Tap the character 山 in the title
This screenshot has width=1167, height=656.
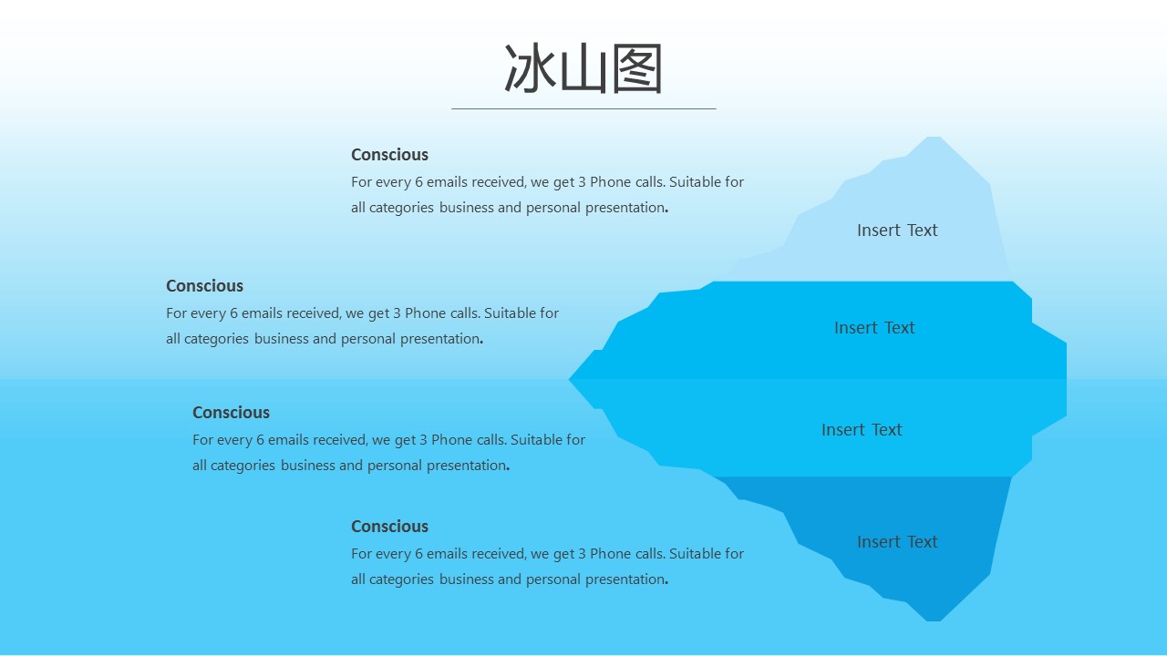(x=583, y=68)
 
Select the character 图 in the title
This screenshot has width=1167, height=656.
(x=636, y=68)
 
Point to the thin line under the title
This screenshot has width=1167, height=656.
(x=583, y=108)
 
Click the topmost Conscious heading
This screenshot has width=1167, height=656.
(x=389, y=155)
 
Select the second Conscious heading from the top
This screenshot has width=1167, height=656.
(x=205, y=286)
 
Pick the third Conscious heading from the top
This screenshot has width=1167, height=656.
(x=232, y=413)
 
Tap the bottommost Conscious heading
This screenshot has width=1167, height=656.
(x=389, y=527)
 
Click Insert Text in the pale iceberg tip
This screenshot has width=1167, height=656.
(x=897, y=231)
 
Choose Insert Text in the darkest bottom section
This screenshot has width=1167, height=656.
(x=897, y=542)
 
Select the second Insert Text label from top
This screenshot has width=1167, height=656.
(x=874, y=327)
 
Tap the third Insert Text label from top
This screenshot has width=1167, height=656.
(x=862, y=429)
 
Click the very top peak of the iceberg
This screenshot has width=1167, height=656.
(x=934, y=138)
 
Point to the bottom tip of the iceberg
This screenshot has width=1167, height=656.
(x=934, y=620)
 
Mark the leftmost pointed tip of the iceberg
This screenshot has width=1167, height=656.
(x=570, y=379)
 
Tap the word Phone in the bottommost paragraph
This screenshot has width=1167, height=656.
(x=610, y=553)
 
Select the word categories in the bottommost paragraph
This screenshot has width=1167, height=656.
(x=401, y=579)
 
